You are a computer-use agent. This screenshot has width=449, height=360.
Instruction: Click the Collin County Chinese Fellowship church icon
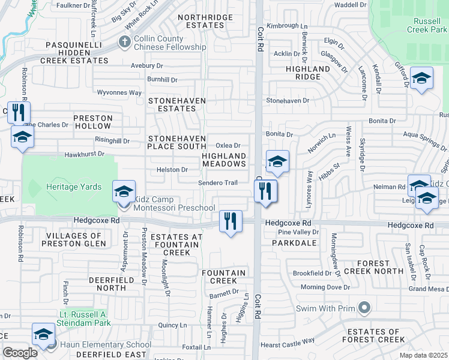coord(125,42)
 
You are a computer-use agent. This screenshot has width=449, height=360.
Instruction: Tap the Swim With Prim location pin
coord(364,309)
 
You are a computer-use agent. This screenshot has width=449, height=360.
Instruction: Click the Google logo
coord(20,353)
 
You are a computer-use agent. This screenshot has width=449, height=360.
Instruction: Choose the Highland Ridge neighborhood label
coord(307,73)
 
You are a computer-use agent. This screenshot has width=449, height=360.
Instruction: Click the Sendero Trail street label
coord(218,182)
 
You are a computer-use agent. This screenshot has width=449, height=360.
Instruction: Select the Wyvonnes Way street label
coord(119,92)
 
